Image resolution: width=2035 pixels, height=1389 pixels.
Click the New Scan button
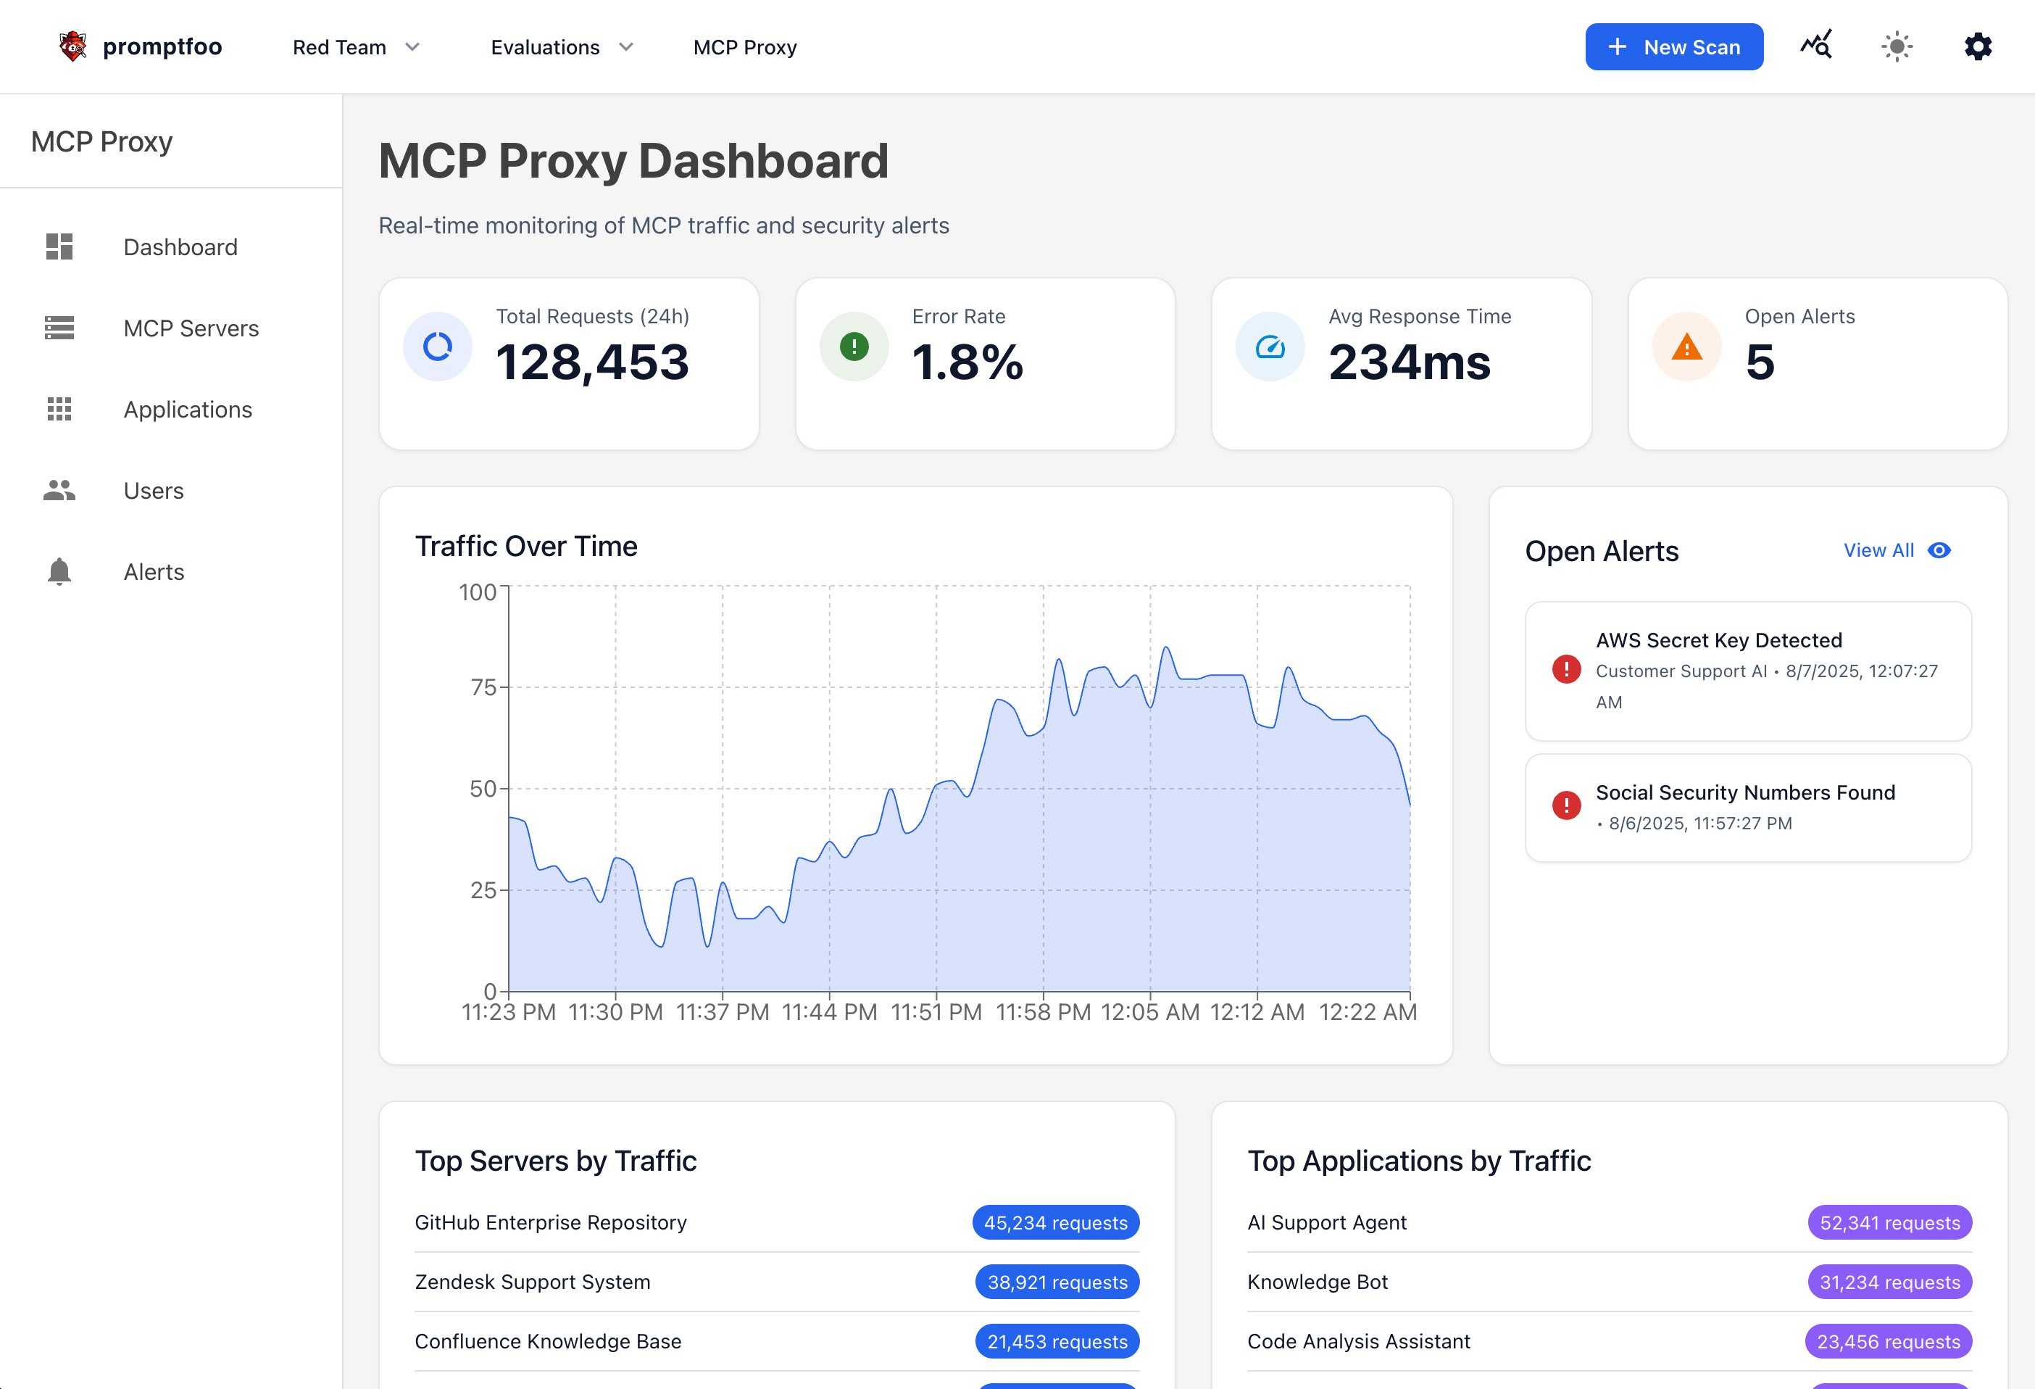pyautogui.click(x=1673, y=47)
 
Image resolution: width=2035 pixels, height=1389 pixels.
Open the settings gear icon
pyautogui.click(x=1977, y=47)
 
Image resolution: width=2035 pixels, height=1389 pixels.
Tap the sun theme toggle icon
pyautogui.click(x=1897, y=47)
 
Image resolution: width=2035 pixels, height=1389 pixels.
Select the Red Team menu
pyautogui.click(x=356, y=47)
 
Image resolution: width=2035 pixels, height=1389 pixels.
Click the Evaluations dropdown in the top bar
pyautogui.click(x=561, y=47)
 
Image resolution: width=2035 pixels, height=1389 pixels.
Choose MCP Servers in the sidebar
pyautogui.click(x=191, y=328)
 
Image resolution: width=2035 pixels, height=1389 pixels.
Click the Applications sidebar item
pyautogui.click(x=188, y=410)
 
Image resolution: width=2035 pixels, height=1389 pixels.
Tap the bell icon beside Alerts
pyautogui.click(x=59, y=572)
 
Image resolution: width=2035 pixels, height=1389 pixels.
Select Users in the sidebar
pyautogui.click(x=153, y=492)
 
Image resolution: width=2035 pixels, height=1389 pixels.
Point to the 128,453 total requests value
pyautogui.click(x=593, y=362)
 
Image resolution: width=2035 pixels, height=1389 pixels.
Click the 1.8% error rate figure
pyautogui.click(x=967, y=362)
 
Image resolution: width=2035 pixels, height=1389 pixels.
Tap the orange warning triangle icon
pyautogui.click(x=1686, y=348)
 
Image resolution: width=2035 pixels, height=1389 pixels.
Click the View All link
pyautogui.click(x=1878, y=551)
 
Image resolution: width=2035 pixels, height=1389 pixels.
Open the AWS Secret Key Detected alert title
pyautogui.click(x=1718, y=640)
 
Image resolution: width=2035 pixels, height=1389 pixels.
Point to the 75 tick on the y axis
pyautogui.click(x=483, y=687)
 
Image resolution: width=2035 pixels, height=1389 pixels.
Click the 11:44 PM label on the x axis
pyautogui.click(x=829, y=1013)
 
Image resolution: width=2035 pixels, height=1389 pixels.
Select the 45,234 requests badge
pyautogui.click(x=1055, y=1222)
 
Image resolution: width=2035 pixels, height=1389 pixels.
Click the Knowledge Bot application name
pyautogui.click(x=1317, y=1282)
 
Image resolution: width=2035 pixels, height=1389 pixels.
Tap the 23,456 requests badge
pyautogui.click(x=1888, y=1342)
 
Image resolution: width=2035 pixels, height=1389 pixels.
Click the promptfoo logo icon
pyautogui.click(x=72, y=46)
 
